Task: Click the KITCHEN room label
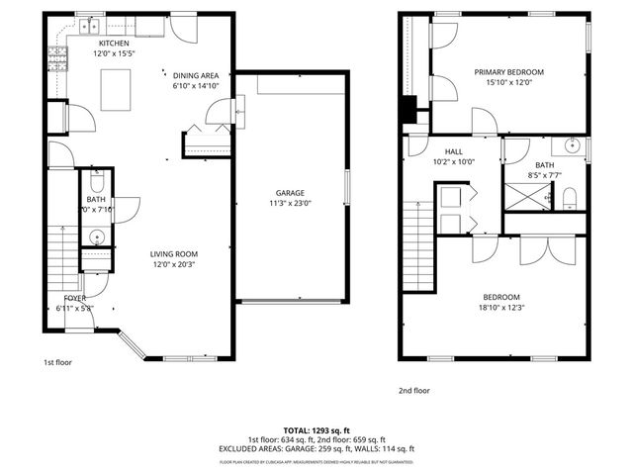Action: tap(114, 44)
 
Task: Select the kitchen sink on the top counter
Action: tap(92, 24)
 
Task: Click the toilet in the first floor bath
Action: tap(96, 183)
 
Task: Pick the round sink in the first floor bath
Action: tap(96, 237)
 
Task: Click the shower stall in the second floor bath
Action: tap(525, 197)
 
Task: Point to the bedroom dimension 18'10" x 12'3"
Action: tap(500, 307)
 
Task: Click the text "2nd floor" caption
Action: tap(413, 390)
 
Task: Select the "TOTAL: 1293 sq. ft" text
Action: tap(316, 430)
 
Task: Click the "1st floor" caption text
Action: tap(56, 362)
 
